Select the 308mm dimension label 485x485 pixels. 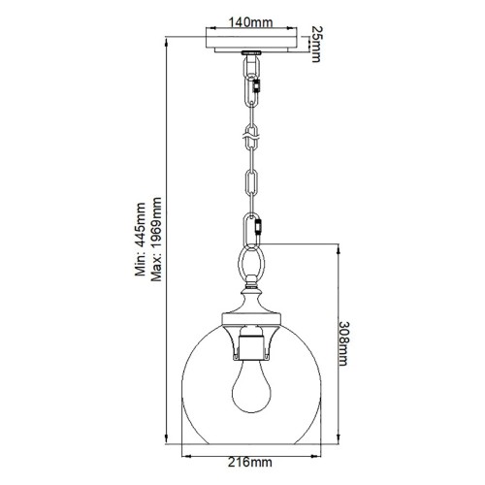tap(343, 350)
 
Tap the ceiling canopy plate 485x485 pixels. tap(252, 42)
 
